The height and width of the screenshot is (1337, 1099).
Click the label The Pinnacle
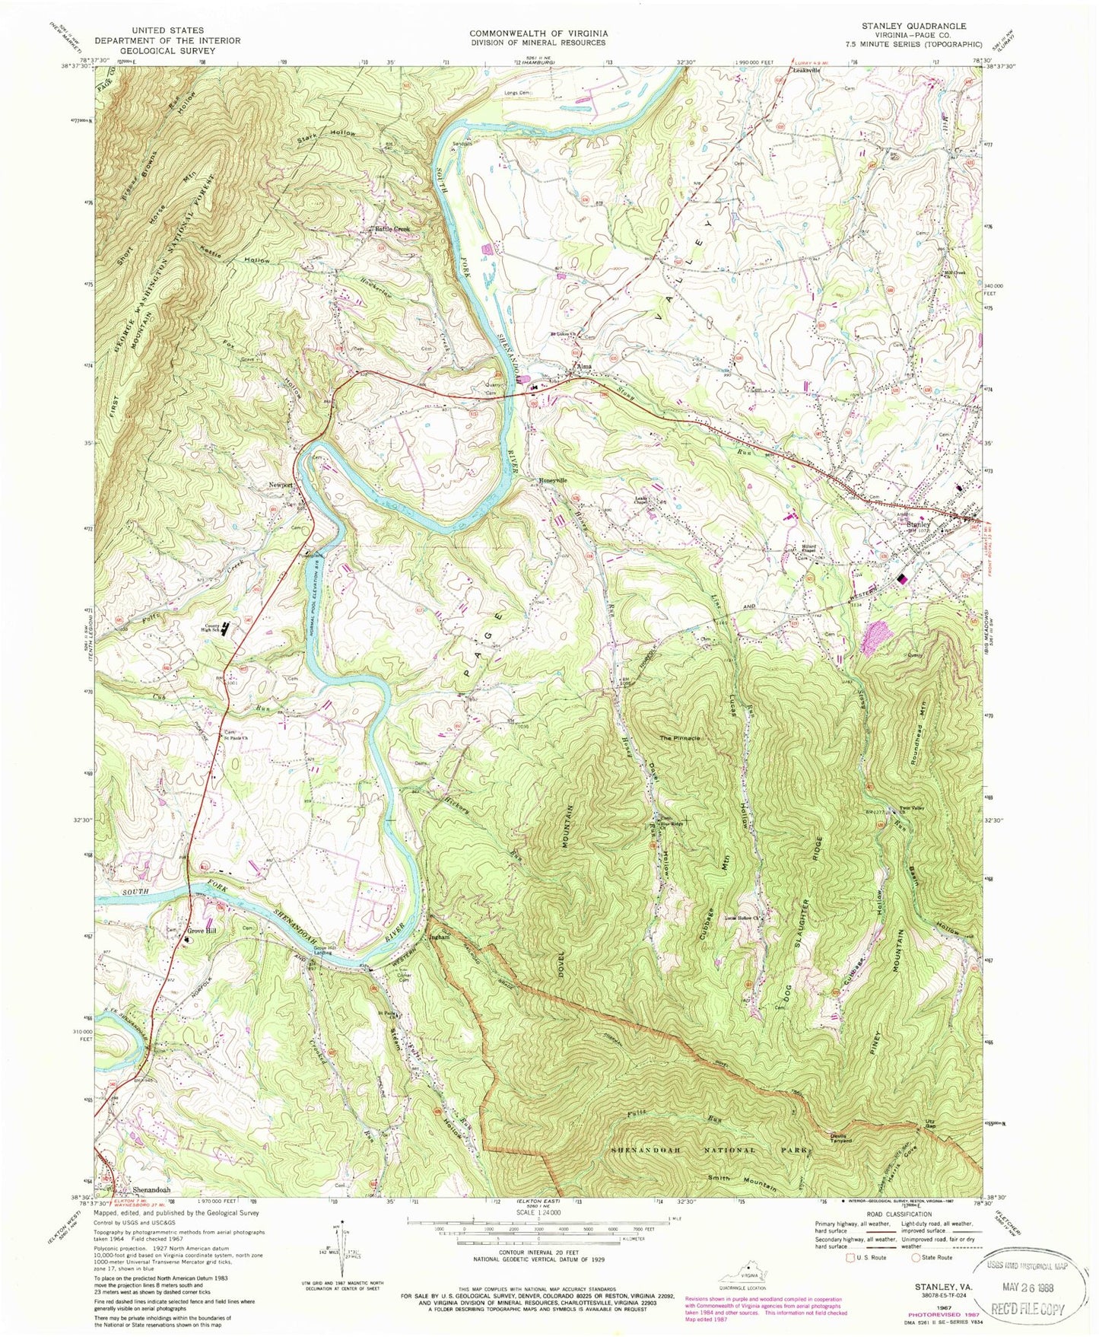click(x=679, y=738)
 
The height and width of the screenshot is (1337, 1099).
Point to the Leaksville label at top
click(x=808, y=71)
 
